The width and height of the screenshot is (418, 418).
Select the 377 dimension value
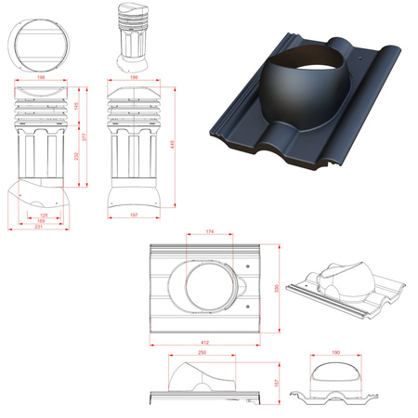85,138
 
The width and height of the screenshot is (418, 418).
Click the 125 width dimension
44,216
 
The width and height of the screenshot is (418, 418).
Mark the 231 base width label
36,228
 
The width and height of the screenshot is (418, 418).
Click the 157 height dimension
277,383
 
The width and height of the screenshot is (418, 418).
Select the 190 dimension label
335,354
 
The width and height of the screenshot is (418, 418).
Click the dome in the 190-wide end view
335,373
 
